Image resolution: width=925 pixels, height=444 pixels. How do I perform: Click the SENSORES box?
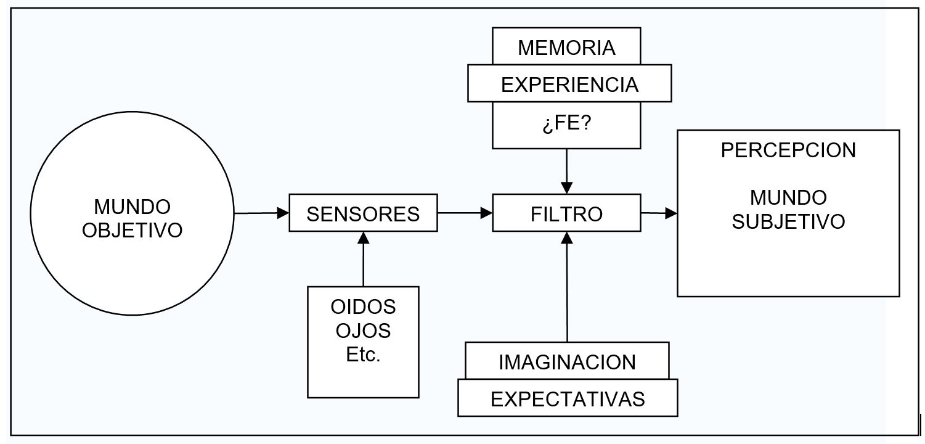point(363,214)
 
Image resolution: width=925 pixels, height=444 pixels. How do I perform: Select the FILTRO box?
point(566,214)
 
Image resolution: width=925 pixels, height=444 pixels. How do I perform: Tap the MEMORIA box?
point(566,48)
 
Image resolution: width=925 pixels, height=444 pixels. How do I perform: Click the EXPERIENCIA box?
point(569,84)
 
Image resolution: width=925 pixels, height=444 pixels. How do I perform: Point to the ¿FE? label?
point(566,125)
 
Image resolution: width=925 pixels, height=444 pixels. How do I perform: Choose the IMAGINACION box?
point(567,361)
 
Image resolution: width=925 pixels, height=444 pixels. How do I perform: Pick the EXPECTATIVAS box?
point(568,398)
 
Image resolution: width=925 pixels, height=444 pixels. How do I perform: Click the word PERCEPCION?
point(788,150)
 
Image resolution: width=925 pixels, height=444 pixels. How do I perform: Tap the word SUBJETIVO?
point(788,221)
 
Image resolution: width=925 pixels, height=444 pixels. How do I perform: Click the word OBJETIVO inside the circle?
point(132,230)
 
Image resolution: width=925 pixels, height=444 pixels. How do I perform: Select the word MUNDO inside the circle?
point(132,205)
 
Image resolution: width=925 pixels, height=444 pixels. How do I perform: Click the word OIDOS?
point(363,306)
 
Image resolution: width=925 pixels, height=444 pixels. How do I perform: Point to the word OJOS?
point(363,331)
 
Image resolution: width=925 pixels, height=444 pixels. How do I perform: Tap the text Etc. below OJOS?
point(363,356)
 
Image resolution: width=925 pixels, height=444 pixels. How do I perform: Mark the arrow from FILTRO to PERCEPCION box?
point(659,213)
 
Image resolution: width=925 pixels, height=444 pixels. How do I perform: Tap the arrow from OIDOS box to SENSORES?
point(363,259)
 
